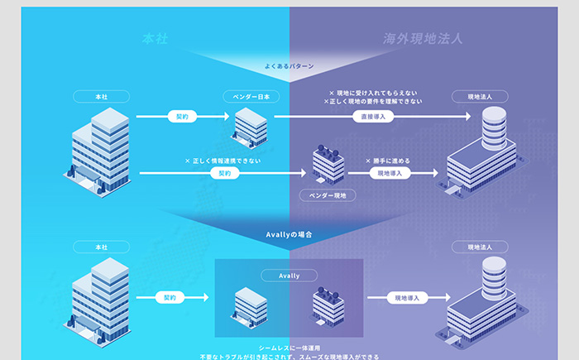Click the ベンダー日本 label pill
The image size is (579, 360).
coord(250,97)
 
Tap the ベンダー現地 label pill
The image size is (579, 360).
coord(328,195)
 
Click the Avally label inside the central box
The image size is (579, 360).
coord(289,275)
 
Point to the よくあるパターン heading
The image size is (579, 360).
coord(289,65)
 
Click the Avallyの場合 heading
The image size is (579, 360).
coord(289,235)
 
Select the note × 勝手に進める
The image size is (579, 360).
coord(388,161)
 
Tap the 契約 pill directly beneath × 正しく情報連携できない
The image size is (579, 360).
coord(223,173)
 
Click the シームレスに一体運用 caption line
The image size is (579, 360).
coord(289,348)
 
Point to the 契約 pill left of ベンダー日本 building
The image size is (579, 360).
coord(183,117)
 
